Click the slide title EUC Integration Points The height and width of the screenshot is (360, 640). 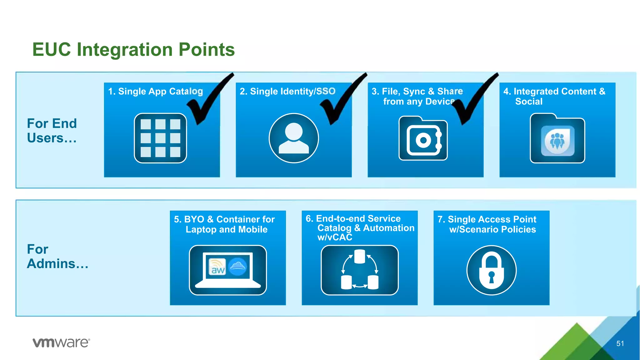tap(133, 50)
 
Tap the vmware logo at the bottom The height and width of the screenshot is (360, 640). tap(61, 342)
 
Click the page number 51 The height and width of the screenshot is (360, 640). tap(620, 343)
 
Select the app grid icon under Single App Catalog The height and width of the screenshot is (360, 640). tap(160, 138)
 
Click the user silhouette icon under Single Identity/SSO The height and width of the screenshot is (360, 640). tap(293, 138)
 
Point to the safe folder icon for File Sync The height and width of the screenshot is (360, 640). tap(423, 138)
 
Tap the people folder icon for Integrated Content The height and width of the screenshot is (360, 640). tap(557, 138)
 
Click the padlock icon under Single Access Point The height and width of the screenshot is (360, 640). tap(491, 270)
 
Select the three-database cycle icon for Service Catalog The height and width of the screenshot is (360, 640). tap(359, 270)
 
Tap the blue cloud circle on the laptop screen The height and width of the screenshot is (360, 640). tap(238, 267)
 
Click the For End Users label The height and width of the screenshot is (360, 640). tap(52, 131)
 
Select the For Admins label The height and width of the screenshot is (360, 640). tap(57, 256)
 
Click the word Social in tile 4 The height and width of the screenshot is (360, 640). tap(529, 102)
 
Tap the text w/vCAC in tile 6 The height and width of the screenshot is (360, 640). tap(335, 237)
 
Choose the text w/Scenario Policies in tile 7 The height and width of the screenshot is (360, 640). tap(492, 230)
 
